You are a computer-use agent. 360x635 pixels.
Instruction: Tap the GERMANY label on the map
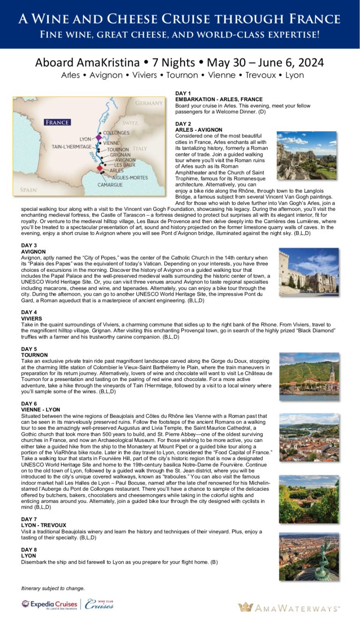click(x=149, y=103)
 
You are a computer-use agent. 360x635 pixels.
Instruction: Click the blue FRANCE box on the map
click(x=57, y=122)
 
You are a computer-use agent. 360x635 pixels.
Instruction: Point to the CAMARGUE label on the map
click(x=110, y=185)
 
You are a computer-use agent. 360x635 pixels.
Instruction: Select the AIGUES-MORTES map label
click(x=129, y=178)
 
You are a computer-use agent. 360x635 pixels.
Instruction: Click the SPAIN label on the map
click(x=29, y=190)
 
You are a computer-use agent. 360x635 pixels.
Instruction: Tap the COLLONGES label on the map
click(x=116, y=133)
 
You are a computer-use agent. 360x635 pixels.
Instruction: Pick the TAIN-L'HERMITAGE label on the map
click(x=72, y=147)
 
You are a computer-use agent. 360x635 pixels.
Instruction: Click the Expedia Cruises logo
click(x=49, y=605)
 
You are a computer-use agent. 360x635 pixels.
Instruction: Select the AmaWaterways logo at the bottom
click(x=289, y=608)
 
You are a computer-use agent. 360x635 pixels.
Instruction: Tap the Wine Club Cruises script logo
click(x=99, y=604)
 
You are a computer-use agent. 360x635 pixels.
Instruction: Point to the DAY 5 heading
click(x=29, y=349)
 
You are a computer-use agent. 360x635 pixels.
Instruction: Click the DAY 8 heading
click(x=29, y=550)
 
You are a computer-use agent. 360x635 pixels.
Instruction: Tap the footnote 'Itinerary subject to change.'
click(x=53, y=588)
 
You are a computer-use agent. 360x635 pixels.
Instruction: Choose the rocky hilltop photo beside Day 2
click(x=307, y=155)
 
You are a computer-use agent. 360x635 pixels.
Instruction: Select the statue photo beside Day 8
click(x=308, y=556)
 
